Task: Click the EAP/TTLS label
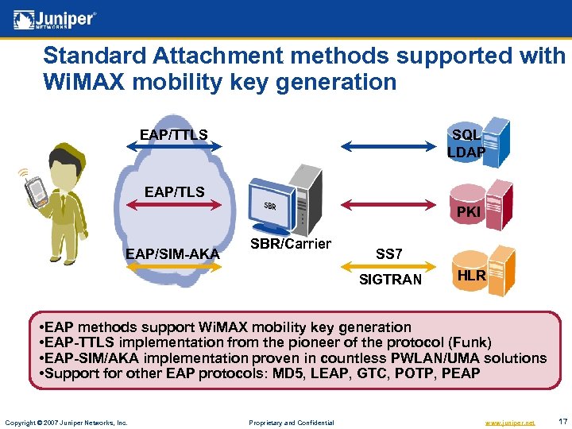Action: tap(173, 134)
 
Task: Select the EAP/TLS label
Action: tap(174, 191)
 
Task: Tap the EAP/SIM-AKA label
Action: tap(172, 253)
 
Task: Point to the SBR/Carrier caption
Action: tap(291, 244)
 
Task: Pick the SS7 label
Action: tap(388, 254)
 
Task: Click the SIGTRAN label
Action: tap(390, 279)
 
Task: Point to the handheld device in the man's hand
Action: tap(34, 191)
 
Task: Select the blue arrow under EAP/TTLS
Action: tap(174, 146)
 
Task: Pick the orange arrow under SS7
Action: tap(389, 266)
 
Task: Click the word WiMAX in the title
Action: tap(79, 82)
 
